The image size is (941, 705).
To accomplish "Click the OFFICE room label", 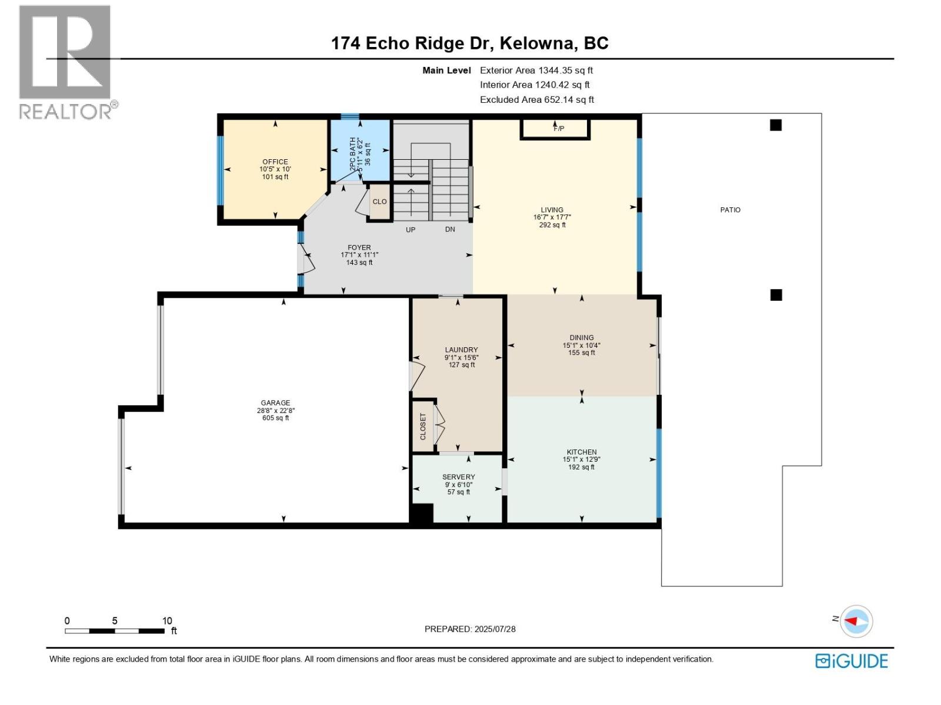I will click(275, 162).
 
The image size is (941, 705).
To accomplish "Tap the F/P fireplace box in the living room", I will click(555, 128).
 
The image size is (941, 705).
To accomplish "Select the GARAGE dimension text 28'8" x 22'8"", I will click(275, 411).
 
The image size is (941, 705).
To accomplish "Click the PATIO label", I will click(730, 210).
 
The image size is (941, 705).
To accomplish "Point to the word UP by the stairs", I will click(411, 230).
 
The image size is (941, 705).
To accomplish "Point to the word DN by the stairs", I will click(450, 230).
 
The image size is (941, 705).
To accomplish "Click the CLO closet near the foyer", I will click(380, 202).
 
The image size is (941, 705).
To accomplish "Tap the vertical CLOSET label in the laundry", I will click(423, 427).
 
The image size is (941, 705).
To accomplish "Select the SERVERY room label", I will click(458, 477).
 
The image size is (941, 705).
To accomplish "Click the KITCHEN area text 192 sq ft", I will click(581, 468).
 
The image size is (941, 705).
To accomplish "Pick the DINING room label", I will click(581, 338).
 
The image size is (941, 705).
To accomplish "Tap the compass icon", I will click(856, 621).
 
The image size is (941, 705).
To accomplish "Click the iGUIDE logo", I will click(851, 661).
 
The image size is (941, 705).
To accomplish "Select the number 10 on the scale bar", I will click(167, 620).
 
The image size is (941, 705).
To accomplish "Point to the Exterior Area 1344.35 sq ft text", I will click(536, 70).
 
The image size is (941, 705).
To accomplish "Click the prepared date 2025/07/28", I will click(494, 629).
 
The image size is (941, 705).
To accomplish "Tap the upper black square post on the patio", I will click(776, 125).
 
